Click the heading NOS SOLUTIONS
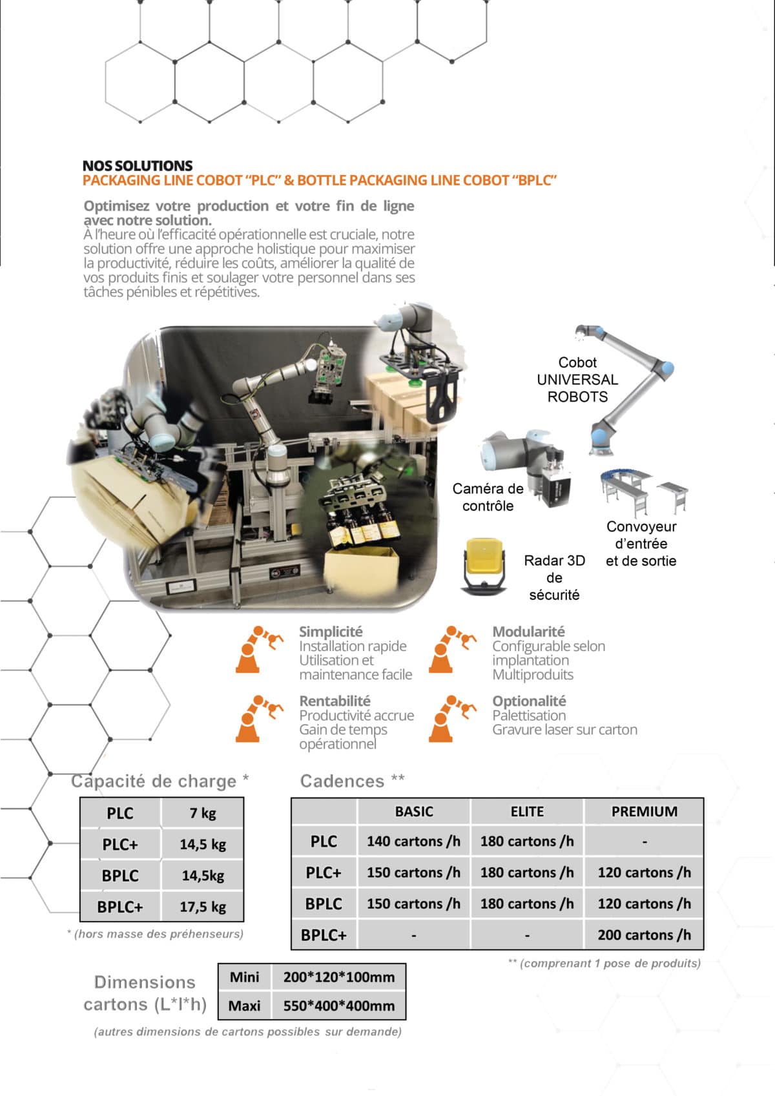(138, 165)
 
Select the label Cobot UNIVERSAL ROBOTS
(577, 380)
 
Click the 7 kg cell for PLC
(203, 813)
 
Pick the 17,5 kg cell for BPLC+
(203, 907)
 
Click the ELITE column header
(527, 812)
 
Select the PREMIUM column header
(644, 812)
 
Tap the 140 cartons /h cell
(413, 842)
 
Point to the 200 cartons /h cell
(644, 935)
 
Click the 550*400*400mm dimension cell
(338, 1006)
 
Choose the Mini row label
(245, 977)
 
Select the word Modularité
(528, 632)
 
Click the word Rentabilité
(335, 701)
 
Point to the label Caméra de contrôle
(488, 497)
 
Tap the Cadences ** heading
(353, 781)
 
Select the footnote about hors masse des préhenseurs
(155, 934)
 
